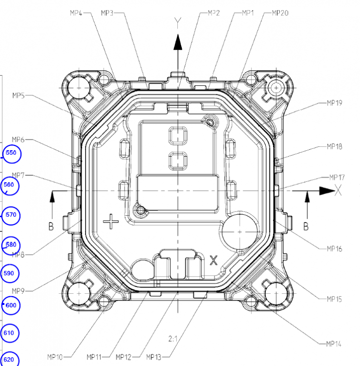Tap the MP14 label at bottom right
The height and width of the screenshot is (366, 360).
tap(334, 344)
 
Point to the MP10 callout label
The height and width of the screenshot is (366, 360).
tap(55, 357)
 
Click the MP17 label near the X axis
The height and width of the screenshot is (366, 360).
tap(337, 177)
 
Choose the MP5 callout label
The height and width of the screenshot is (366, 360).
tap(19, 96)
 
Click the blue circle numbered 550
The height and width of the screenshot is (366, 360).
tap(10, 153)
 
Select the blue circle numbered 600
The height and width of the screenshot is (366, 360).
tap(10, 305)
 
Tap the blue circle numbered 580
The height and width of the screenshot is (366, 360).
tap(10, 244)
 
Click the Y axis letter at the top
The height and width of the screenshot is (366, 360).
tap(178, 21)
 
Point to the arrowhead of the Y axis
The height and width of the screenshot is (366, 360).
tap(178, 42)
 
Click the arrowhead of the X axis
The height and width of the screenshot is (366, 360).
tap(325, 190)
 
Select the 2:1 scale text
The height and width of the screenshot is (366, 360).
tap(173, 338)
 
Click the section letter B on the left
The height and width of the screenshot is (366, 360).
tap(50, 226)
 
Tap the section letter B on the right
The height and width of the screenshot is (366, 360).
tap(306, 226)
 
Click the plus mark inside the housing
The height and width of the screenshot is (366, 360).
tap(111, 223)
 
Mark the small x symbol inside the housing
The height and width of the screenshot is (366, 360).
tap(213, 260)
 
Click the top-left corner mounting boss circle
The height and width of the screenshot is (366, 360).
tap(79, 88)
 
